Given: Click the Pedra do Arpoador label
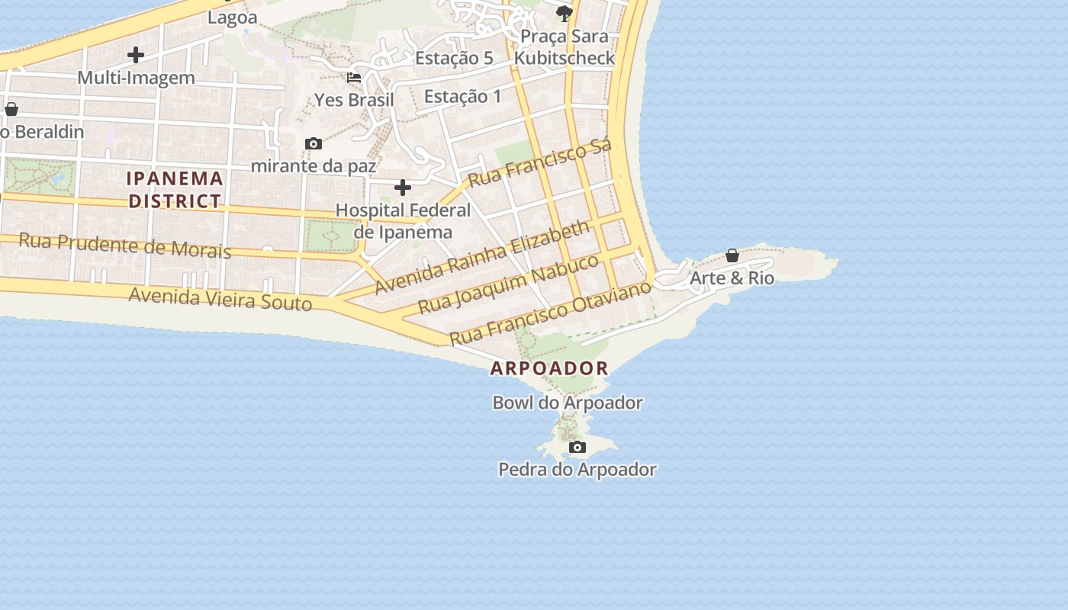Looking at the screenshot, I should click(x=577, y=469).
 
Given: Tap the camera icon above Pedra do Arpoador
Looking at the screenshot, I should click(x=577, y=447).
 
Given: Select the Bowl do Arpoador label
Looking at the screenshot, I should click(x=568, y=403).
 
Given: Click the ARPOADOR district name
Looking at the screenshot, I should click(x=549, y=368).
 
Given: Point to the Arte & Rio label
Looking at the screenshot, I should click(x=732, y=278).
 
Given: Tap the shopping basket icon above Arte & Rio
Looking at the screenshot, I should click(x=732, y=255).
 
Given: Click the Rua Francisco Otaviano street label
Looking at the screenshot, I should click(x=551, y=313).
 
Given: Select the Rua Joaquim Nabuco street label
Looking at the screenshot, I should click(x=510, y=284).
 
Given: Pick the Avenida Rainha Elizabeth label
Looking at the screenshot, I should click(x=483, y=257).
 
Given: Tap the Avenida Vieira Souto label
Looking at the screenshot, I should click(x=220, y=297).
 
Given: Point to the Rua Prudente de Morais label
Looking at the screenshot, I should click(x=124, y=246).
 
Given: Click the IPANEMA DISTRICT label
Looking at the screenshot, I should click(x=175, y=190).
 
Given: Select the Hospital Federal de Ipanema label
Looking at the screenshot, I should click(x=403, y=220).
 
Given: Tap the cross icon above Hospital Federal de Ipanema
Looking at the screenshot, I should click(x=403, y=188).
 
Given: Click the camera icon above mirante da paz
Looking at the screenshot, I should click(x=314, y=143).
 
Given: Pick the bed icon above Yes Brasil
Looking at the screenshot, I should click(x=354, y=78).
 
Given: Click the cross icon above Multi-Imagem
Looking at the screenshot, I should click(x=136, y=55).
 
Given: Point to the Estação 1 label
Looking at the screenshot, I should click(x=463, y=96).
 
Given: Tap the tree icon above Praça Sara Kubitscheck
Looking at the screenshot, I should click(x=565, y=13).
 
